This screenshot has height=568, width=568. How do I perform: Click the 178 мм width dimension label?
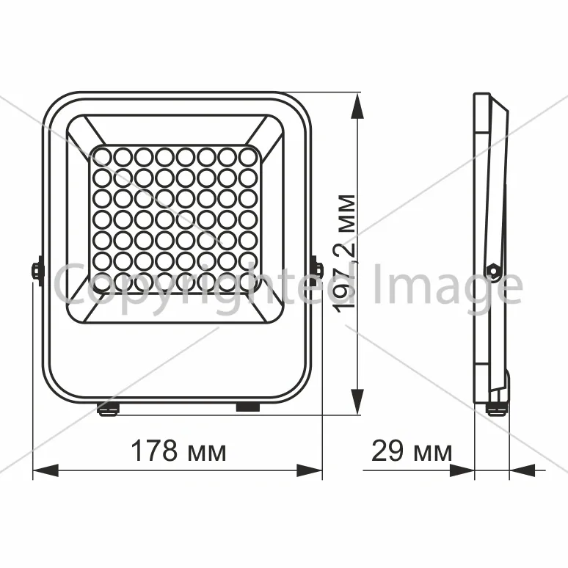(x=178, y=451)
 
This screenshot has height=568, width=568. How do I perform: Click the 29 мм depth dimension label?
(x=412, y=451)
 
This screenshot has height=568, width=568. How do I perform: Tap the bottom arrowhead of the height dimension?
(x=357, y=401)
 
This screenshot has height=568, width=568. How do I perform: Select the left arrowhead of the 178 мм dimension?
(x=45, y=470)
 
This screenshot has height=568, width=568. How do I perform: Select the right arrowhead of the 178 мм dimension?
(x=310, y=470)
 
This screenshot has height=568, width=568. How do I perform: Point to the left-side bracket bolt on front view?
(x=37, y=271)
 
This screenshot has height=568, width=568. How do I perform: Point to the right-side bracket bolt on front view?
(x=316, y=269)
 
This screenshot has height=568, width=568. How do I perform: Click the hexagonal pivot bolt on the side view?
(x=492, y=270)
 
